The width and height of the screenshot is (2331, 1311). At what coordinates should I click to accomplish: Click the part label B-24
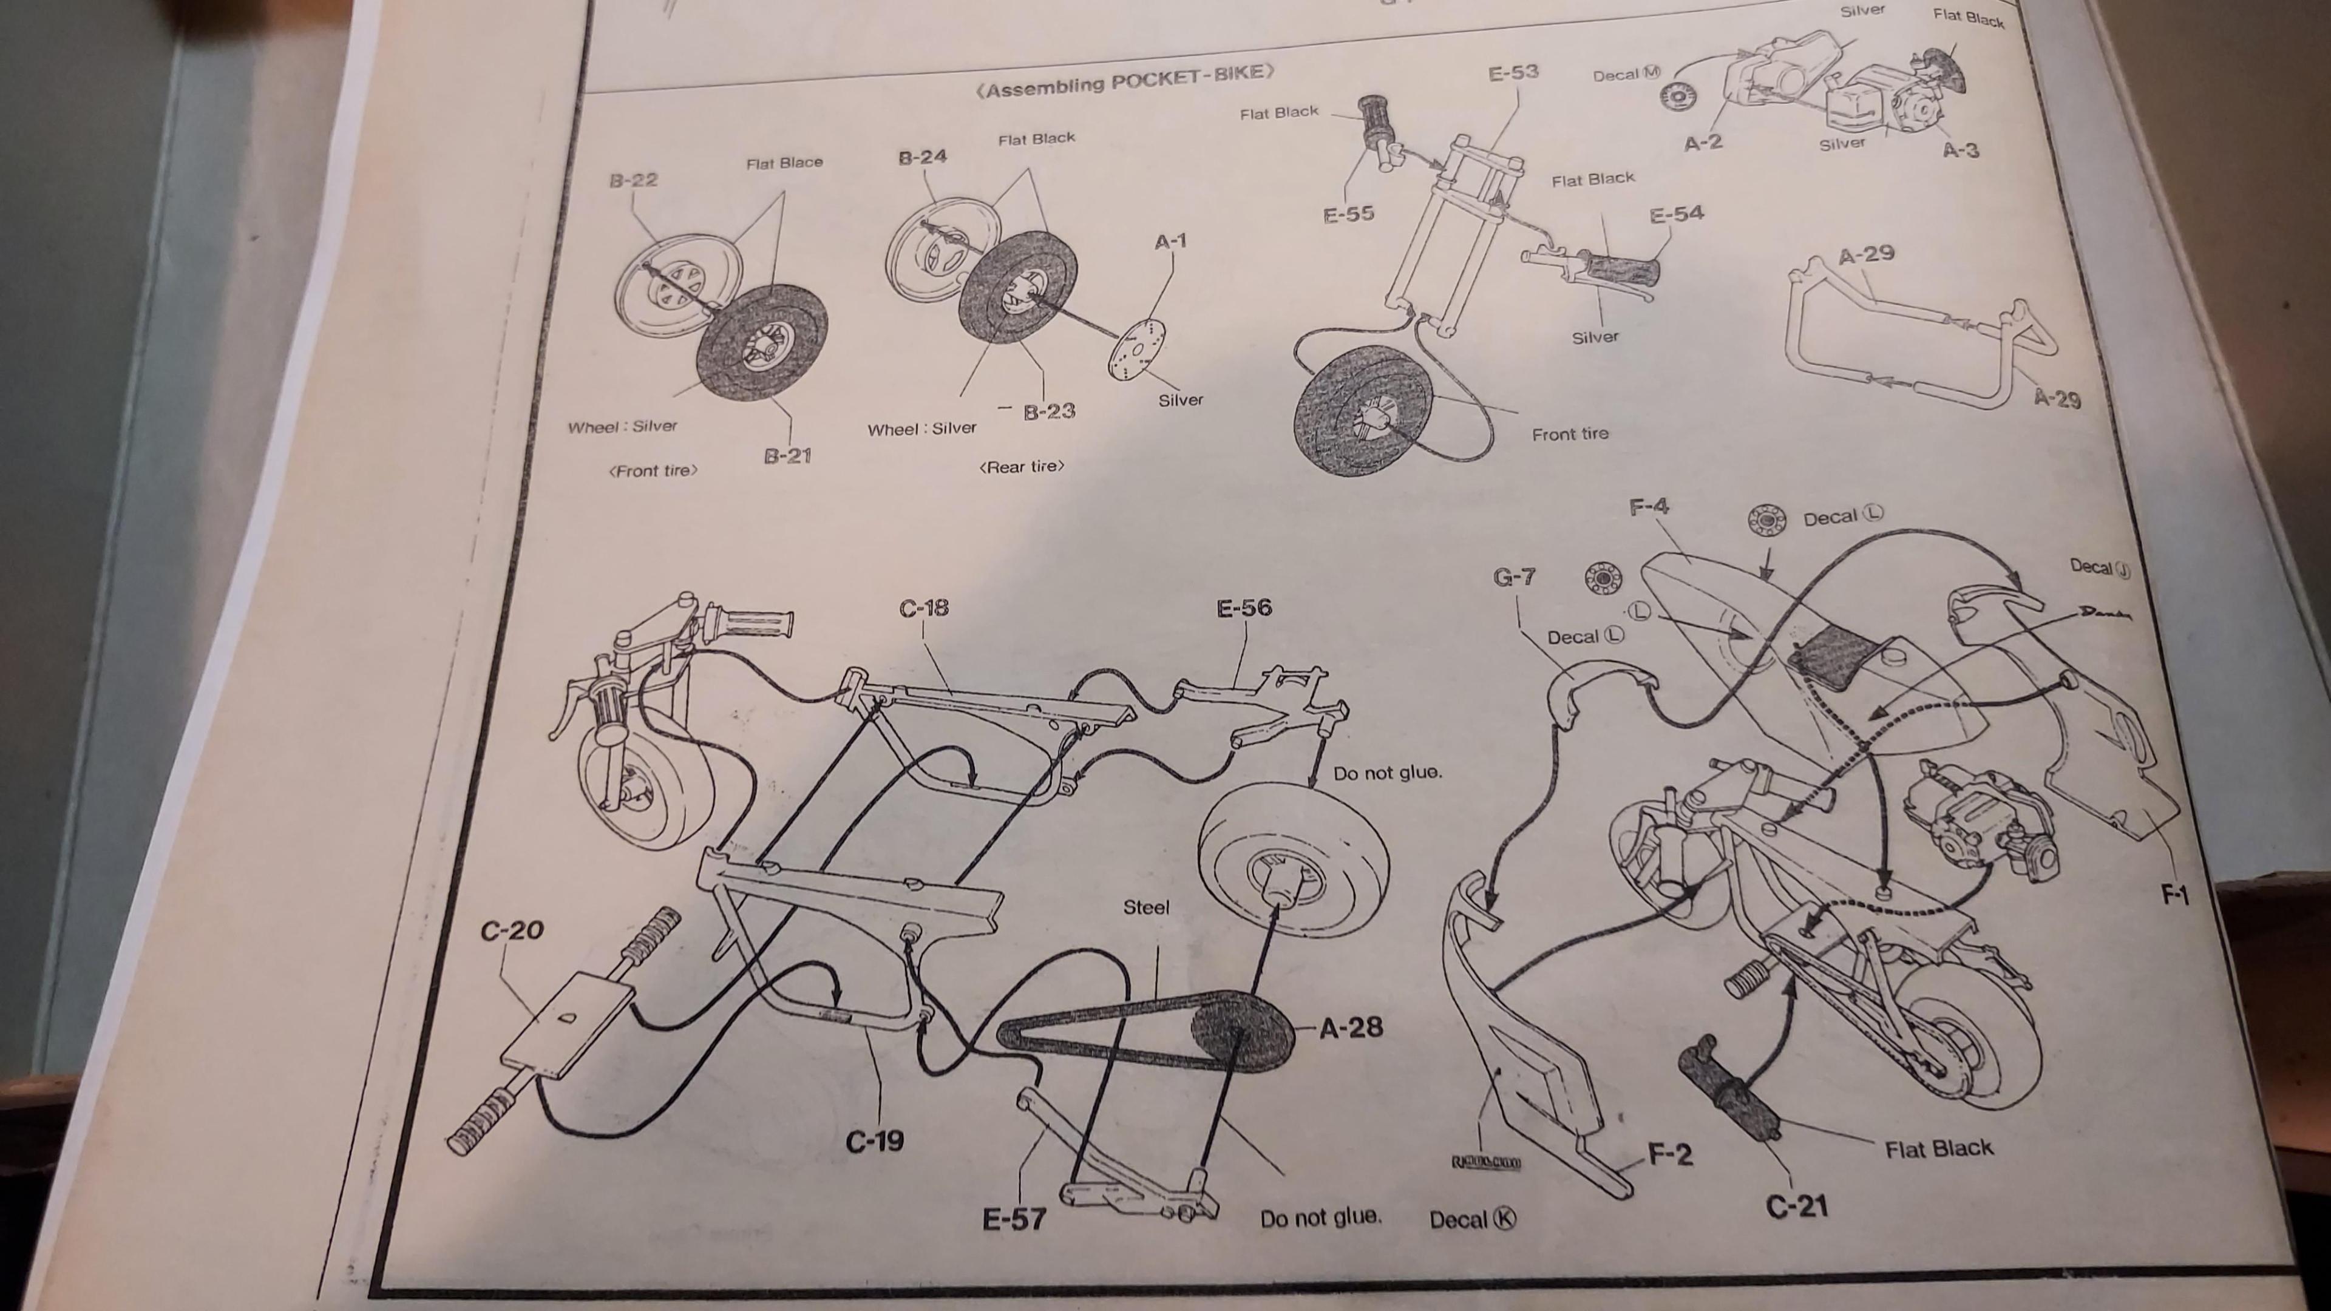(x=922, y=157)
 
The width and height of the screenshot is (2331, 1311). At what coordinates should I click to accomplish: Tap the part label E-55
(x=1348, y=214)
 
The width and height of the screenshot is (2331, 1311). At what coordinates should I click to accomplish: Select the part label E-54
(x=1677, y=214)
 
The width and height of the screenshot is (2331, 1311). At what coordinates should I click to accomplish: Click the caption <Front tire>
(x=653, y=470)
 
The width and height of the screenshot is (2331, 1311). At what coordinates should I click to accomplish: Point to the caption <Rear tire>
(x=1022, y=467)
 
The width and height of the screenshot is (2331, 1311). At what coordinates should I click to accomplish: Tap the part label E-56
(x=1244, y=608)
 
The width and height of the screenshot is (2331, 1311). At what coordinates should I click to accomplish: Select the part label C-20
(x=512, y=929)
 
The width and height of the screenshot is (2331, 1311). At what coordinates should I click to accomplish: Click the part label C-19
(x=874, y=1142)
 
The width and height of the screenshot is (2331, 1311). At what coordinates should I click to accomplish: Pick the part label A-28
(x=1351, y=1027)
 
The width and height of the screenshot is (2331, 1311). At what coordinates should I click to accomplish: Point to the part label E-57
(x=1014, y=1219)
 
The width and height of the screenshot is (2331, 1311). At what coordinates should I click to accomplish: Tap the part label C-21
(x=1796, y=1206)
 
